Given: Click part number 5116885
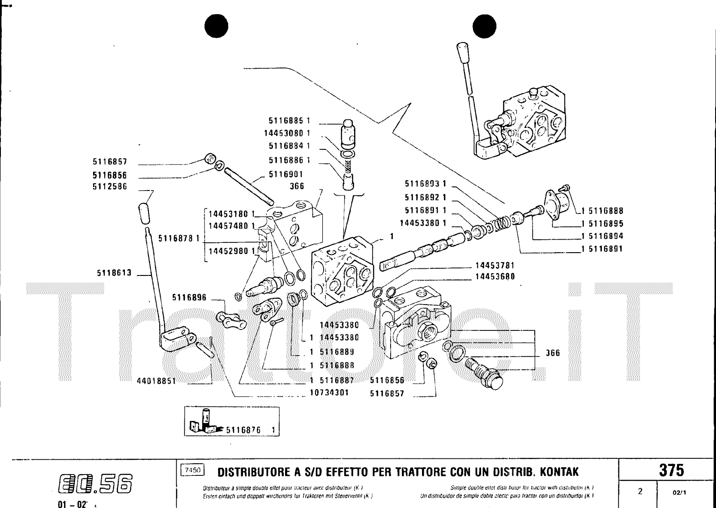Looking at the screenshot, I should coord(286,121).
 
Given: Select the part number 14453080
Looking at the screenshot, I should coord(284,133).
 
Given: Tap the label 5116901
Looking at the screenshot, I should coord(286,174).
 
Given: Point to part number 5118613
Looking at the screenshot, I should coord(114,273).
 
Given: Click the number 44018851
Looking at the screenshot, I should coord(156,381).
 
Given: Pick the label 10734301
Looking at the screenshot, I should coord(329,393).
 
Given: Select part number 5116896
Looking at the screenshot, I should coord(189,297).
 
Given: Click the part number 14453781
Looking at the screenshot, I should coord(495,265).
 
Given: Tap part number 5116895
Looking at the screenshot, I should coord(605,224).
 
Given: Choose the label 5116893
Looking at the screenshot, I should coord(422,184).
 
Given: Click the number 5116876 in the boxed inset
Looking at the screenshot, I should coord(243,430).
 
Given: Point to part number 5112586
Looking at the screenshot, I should coord(110,186).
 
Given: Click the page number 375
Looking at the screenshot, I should coord(671,470).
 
